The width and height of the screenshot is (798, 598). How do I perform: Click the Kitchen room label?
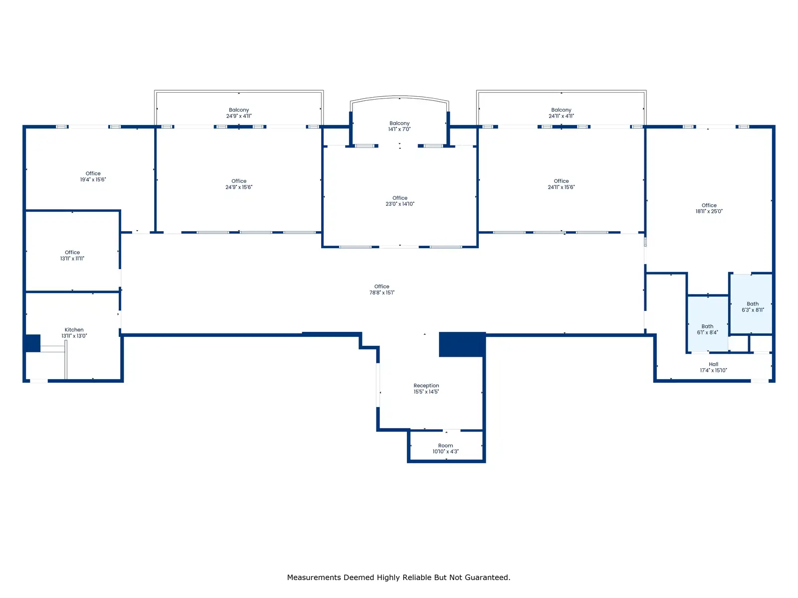[74, 330]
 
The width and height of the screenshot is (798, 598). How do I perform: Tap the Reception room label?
[426, 386]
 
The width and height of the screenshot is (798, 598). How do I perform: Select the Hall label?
[713, 364]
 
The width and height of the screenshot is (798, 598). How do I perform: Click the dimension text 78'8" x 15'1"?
[382, 293]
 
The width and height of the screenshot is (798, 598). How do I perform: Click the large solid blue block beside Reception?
[462, 344]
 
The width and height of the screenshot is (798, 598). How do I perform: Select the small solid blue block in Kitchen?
[32, 343]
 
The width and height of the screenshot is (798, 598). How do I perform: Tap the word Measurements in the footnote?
[314, 578]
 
